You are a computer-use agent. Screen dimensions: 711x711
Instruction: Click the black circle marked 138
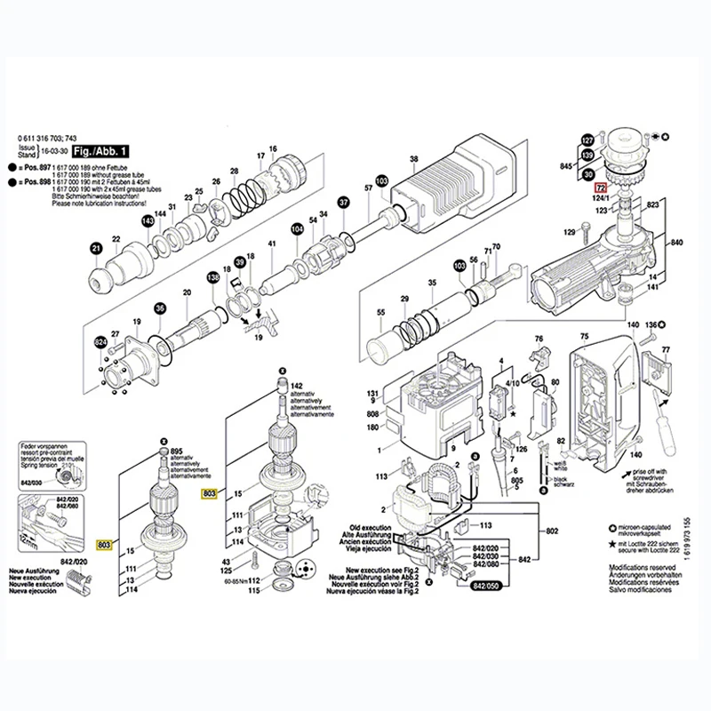tap(212, 279)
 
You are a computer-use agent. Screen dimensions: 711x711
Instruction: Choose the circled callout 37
tap(342, 204)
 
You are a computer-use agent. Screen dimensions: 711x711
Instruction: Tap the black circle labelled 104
tap(297, 230)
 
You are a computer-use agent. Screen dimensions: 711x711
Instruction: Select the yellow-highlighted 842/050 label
tap(486, 587)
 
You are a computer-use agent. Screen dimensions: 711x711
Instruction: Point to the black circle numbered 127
tap(586, 140)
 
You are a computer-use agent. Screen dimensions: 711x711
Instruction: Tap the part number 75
tap(584, 337)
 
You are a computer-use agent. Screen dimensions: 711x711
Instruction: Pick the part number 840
tap(675, 243)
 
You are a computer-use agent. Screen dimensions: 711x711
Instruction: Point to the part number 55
tap(380, 314)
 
